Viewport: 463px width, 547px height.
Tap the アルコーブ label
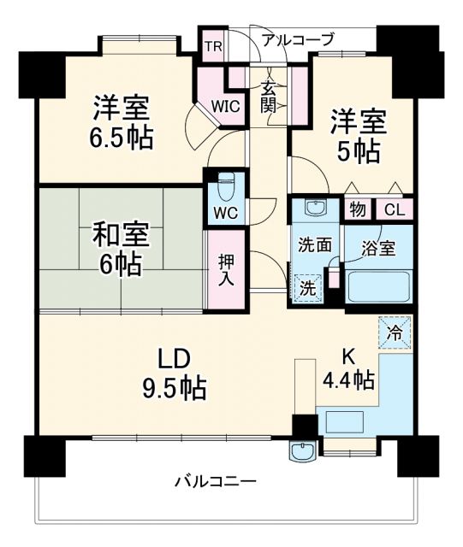pos(298,39)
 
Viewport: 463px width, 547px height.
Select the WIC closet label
pos(224,106)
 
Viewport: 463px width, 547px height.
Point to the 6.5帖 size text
pos(123,138)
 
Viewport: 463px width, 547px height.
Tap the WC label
pos(225,212)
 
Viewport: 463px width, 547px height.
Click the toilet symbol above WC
pos(226,186)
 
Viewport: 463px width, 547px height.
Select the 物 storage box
pos(355,208)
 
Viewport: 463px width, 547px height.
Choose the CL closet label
pos(395,208)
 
